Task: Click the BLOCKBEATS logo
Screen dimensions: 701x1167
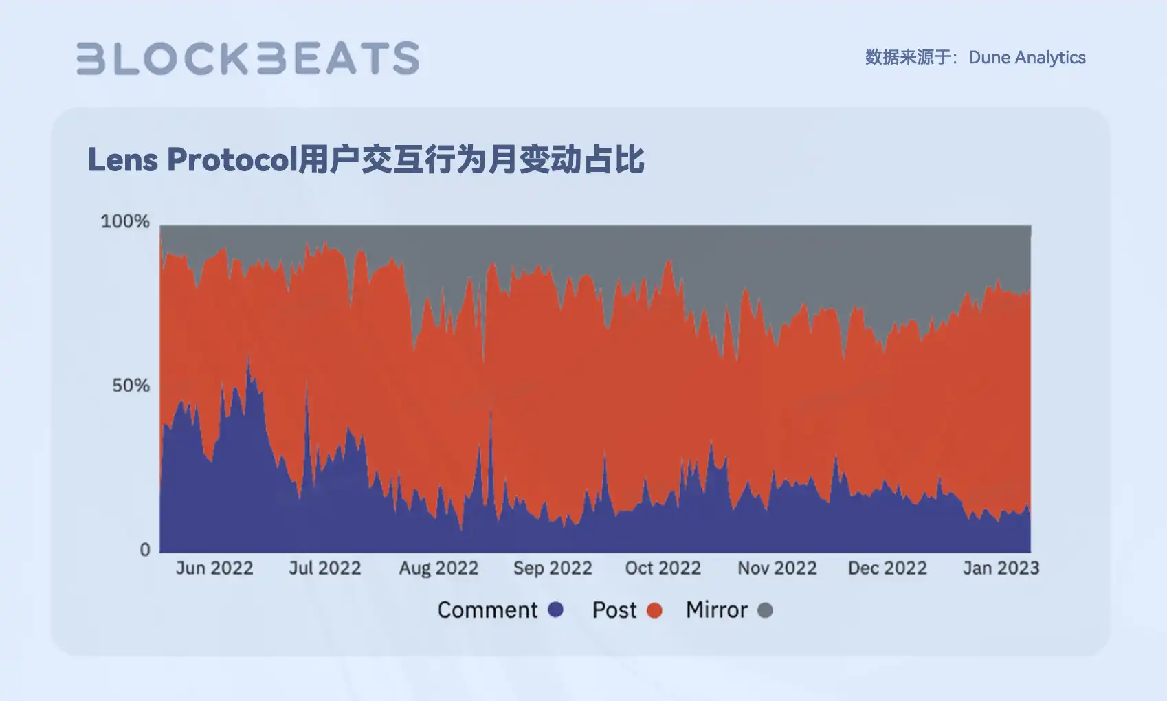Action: point(247,58)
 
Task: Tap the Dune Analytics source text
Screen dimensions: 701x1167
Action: point(1027,57)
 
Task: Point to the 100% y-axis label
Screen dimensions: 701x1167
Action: point(125,221)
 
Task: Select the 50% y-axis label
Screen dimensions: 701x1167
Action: point(131,386)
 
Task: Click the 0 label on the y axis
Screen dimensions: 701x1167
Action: point(145,550)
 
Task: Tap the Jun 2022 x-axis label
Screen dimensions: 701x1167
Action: point(214,568)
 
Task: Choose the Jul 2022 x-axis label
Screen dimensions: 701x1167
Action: point(324,568)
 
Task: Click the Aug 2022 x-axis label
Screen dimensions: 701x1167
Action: point(438,568)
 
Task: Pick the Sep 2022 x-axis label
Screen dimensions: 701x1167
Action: point(553,568)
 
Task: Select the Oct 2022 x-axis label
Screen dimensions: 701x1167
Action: point(663,568)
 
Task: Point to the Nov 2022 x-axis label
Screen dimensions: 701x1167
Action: point(777,568)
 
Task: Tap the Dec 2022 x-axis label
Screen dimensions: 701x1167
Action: point(887,568)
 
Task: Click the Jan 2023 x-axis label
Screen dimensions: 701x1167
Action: point(1001,568)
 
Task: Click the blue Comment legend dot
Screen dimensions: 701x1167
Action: point(555,610)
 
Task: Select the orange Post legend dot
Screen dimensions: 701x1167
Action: point(654,610)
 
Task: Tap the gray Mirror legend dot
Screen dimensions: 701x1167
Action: point(765,610)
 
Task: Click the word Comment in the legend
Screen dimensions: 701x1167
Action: point(487,610)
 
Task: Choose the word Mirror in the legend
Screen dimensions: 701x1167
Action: point(716,610)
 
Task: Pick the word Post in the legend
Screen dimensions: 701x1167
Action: point(614,610)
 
